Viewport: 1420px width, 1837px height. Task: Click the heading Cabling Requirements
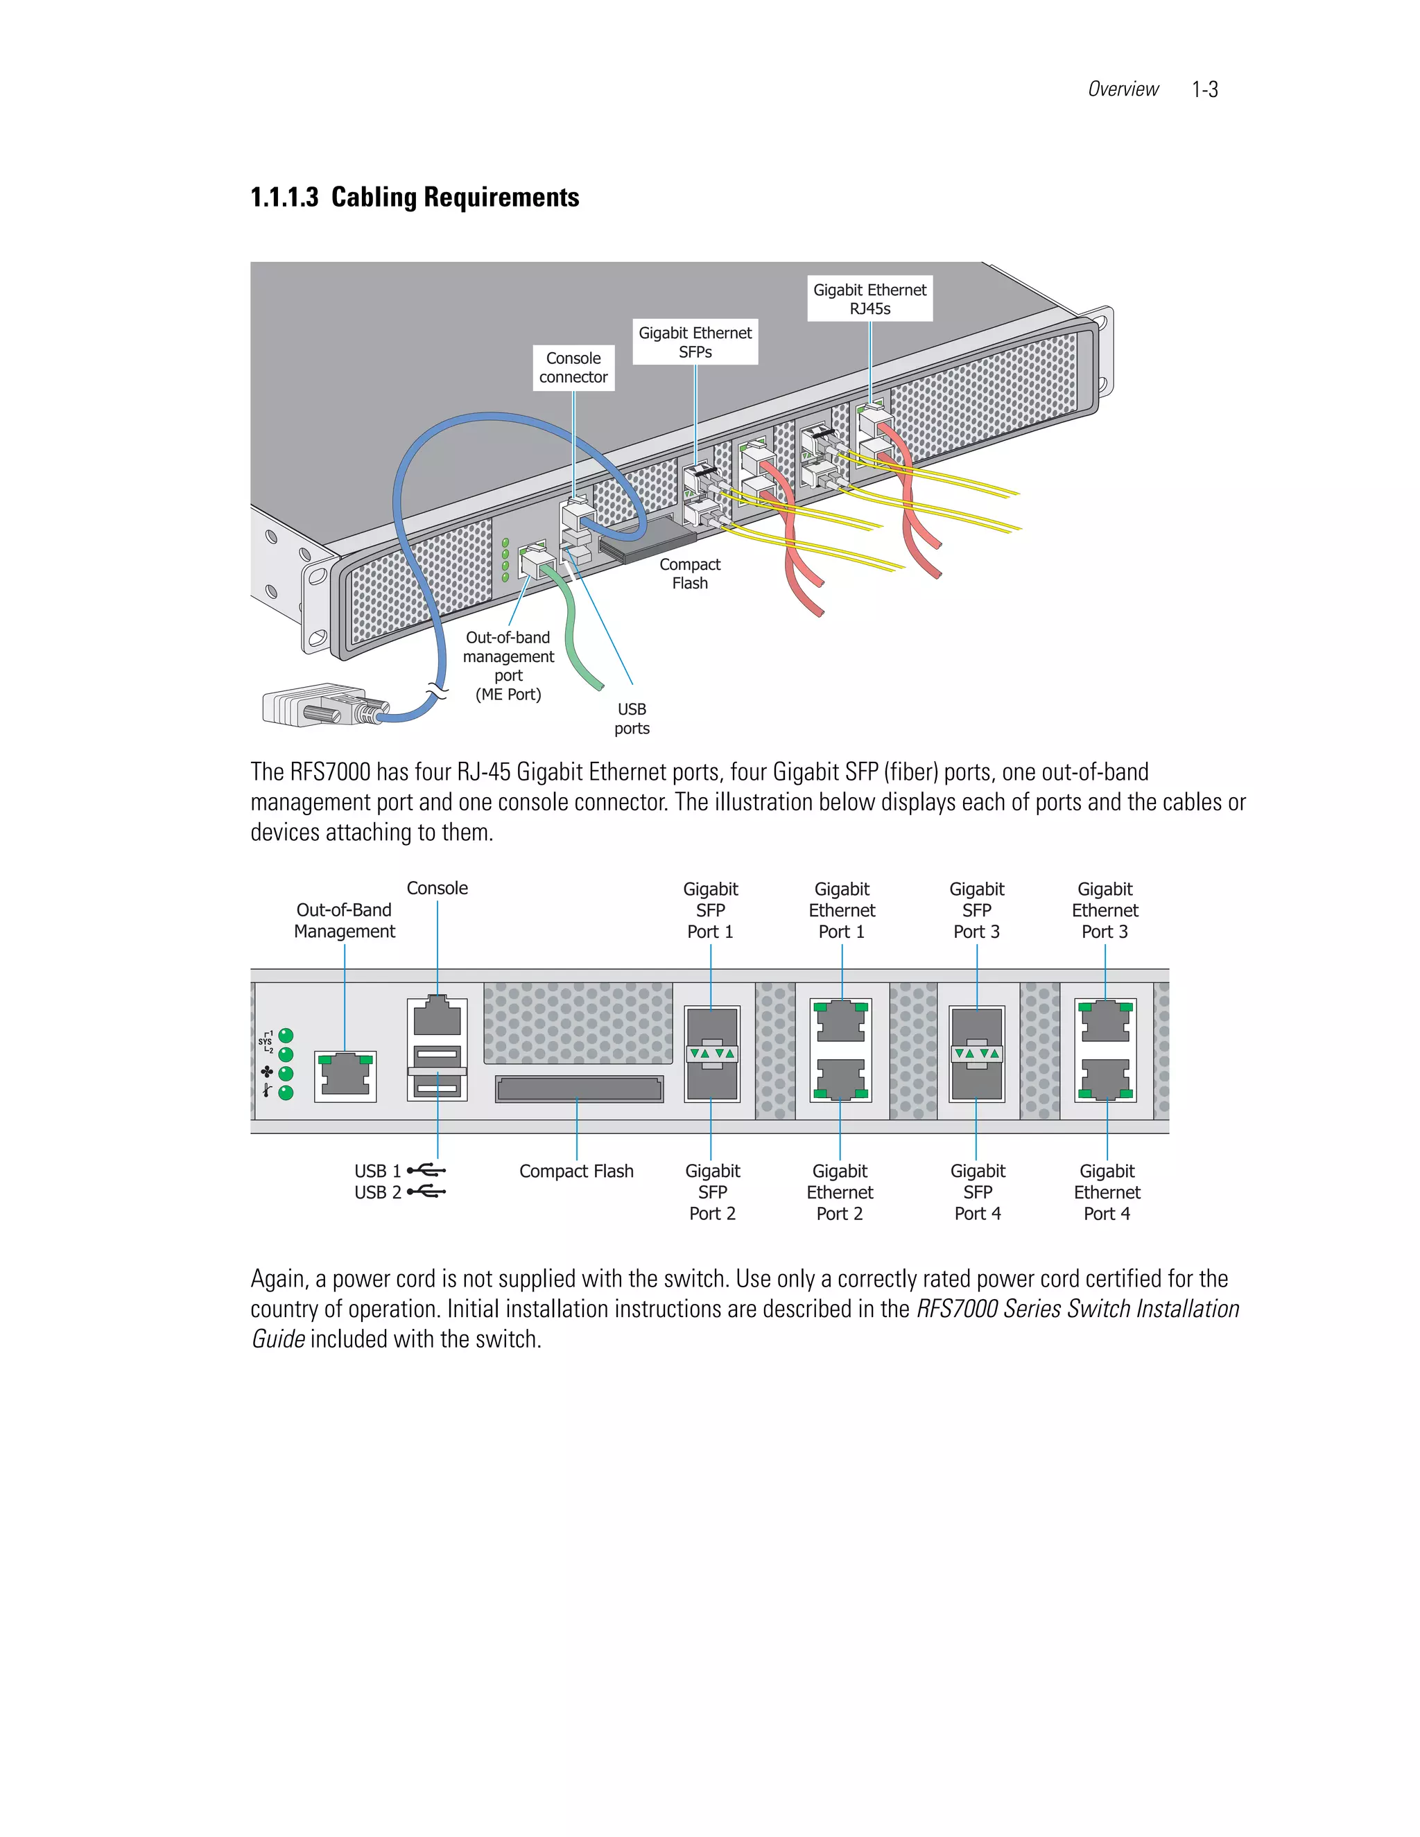point(454,197)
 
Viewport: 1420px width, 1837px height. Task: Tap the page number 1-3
point(1204,89)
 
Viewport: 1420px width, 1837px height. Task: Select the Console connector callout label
point(573,367)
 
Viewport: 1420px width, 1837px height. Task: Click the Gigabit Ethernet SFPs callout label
point(695,342)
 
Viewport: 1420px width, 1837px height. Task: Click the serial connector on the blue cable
point(320,705)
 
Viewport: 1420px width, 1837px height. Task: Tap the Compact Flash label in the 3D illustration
point(690,574)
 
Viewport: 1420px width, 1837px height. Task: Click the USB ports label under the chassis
point(632,718)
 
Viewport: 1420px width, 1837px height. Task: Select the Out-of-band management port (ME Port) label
point(508,665)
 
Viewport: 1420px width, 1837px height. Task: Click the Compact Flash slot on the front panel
point(579,1089)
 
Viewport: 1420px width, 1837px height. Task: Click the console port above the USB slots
point(438,1017)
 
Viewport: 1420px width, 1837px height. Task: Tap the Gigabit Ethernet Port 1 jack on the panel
point(841,1021)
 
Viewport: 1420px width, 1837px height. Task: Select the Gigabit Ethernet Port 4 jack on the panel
point(1106,1080)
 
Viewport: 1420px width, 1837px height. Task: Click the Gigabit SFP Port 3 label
point(977,910)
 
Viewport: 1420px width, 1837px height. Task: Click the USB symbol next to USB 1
point(426,1170)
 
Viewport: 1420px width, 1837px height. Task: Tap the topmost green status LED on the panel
point(286,1036)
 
